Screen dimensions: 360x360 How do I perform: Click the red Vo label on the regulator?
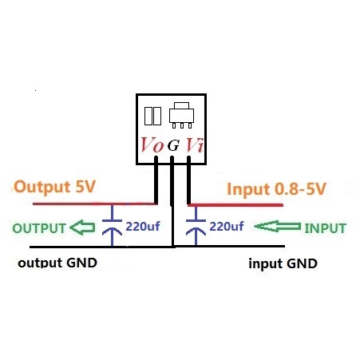(152, 145)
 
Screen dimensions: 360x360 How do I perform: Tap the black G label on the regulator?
(172, 147)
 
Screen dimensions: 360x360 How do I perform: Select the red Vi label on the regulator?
(194, 145)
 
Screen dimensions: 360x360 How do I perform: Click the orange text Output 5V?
(55, 188)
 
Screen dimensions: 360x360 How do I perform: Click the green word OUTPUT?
(38, 228)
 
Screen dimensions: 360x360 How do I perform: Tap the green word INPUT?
(325, 228)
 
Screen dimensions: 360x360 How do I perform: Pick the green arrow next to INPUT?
(281, 228)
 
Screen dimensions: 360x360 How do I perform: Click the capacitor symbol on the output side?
(113, 227)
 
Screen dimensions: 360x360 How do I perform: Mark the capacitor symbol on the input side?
(193, 227)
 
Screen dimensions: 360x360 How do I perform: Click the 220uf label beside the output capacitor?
(143, 227)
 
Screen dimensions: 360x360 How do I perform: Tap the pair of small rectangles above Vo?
(152, 116)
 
